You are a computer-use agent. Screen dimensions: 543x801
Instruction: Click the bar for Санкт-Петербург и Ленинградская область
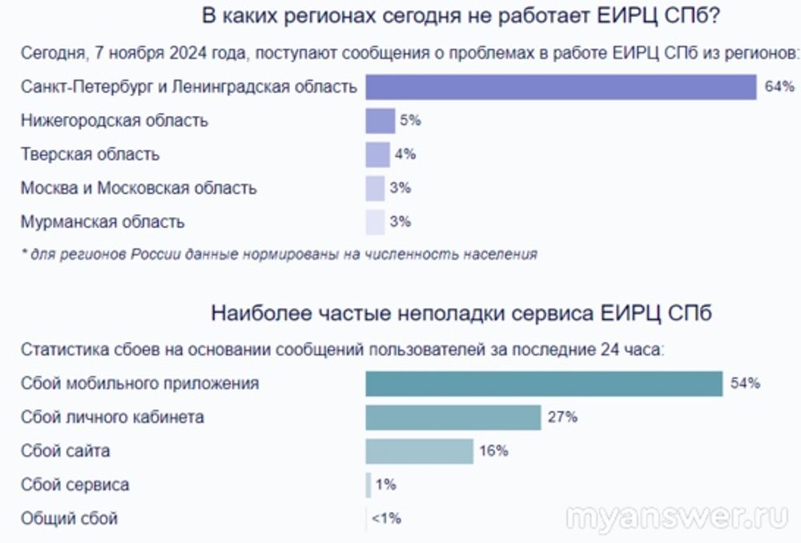(x=561, y=86)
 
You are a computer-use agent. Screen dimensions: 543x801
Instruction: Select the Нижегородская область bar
(x=380, y=121)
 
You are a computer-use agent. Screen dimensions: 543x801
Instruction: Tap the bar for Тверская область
(x=377, y=155)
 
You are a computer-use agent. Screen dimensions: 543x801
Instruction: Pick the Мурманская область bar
(x=375, y=222)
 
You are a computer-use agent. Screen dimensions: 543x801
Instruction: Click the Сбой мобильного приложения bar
(x=544, y=384)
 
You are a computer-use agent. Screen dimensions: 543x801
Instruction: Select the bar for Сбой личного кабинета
(x=453, y=417)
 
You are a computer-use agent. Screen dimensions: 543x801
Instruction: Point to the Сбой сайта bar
(x=419, y=451)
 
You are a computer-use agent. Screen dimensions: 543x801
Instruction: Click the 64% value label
(x=779, y=86)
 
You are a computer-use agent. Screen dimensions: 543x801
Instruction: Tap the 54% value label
(x=744, y=384)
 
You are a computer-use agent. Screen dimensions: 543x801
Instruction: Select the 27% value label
(x=562, y=417)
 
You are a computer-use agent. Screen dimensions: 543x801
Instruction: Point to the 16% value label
(x=493, y=451)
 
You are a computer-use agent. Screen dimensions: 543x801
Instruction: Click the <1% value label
(x=385, y=518)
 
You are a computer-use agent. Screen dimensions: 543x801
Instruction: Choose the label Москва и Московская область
(x=139, y=188)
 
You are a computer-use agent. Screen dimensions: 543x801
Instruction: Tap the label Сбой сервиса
(x=74, y=485)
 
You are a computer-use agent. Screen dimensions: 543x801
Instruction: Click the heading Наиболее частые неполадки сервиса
(x=461, y=313)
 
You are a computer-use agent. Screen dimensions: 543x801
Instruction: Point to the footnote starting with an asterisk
(x=278, y=255)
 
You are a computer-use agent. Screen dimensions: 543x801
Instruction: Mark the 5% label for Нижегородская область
(x=410, y=121)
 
